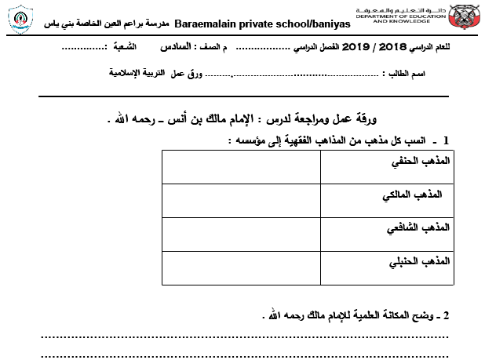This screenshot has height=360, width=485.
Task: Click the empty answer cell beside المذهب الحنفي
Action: [240, 165]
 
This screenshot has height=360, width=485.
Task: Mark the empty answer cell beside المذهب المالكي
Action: [240, 199]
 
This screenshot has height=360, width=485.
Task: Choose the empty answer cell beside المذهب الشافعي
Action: [240, 233]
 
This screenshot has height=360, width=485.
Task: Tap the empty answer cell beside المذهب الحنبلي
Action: [240, 267]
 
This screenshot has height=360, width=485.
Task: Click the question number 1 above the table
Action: [446, 140]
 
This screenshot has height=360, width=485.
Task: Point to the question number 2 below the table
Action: [446, 315]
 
